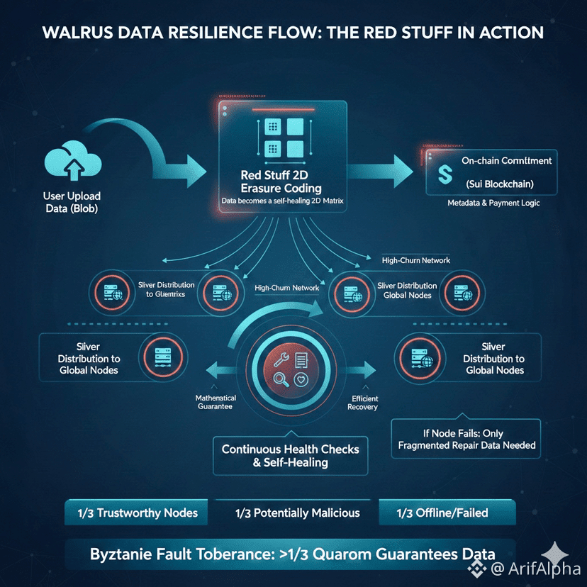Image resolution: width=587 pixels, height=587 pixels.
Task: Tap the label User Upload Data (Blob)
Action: (71, 202)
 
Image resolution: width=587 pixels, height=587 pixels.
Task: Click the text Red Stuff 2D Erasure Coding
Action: (281, 182)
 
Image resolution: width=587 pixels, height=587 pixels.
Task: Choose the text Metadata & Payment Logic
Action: (493, 203)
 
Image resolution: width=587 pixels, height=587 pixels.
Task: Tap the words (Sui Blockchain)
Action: (500, 184)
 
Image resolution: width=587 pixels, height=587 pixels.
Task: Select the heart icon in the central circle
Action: (301, 381)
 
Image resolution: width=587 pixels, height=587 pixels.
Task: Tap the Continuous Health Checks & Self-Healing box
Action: (291, 455)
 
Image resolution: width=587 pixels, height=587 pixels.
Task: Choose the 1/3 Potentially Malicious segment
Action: (297, 513)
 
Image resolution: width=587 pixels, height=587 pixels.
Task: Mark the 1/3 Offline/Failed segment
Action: (442, 513)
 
